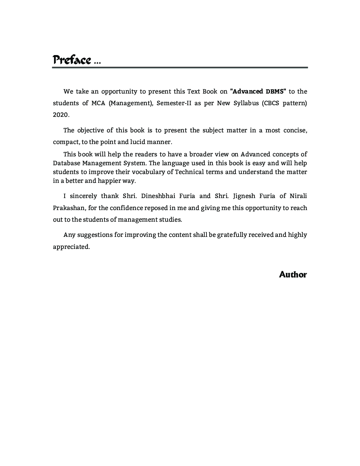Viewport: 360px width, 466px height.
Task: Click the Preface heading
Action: point(72,60)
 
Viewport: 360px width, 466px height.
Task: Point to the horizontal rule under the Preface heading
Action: point(180,67)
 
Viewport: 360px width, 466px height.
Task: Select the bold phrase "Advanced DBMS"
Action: point(258,91)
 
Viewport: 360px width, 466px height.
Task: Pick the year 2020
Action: point(61,115)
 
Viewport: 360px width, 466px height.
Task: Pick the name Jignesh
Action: point(245,196)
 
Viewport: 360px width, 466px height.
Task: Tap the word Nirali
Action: point(298,196)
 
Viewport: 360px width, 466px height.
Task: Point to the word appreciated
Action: point(71,247)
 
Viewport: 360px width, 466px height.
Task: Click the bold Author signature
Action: point(293,275)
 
